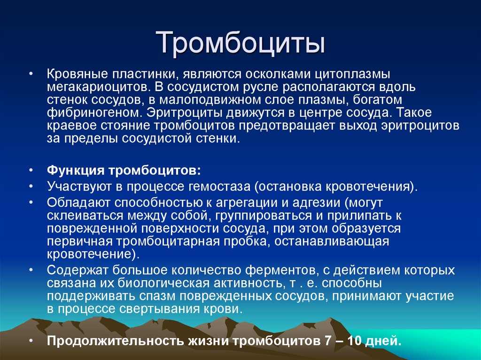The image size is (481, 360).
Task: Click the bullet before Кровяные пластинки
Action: (31, 75)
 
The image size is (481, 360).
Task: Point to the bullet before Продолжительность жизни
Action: (31, 341)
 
